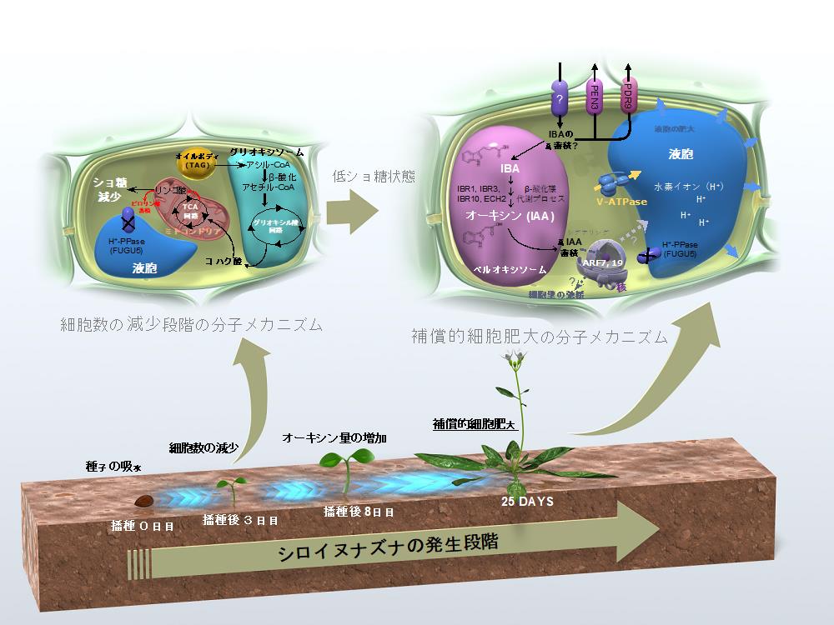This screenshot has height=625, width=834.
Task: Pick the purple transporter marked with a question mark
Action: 558,99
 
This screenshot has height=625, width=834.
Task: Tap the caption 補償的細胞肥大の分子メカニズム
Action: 540,337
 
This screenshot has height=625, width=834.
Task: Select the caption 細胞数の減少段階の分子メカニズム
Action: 191,324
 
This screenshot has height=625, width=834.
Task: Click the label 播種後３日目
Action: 240,519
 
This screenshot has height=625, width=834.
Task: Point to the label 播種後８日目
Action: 358,511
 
